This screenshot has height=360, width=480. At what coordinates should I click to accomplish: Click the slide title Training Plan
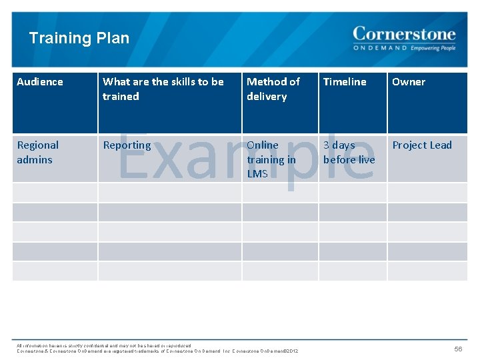79,38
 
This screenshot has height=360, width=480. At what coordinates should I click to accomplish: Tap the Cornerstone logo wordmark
404,34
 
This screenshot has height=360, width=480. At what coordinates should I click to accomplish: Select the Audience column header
40,82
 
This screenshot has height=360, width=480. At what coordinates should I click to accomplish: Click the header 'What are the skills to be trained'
163,89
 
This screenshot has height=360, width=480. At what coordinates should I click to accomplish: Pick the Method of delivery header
273,89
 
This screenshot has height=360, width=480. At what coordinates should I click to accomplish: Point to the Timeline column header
345,82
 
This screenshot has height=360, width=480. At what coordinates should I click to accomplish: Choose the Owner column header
409,82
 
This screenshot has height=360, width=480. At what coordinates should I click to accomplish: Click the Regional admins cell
38,152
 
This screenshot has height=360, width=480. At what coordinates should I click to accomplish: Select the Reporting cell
127,145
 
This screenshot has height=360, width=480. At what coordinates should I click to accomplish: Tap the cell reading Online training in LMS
271,159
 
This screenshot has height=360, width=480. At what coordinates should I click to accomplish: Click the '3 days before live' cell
349,152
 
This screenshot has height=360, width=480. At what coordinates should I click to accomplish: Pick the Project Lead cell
422,145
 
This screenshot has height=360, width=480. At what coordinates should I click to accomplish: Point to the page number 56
458,349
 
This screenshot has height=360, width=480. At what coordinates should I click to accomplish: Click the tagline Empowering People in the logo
433,48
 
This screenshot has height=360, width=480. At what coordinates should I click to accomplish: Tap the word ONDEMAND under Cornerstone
380,48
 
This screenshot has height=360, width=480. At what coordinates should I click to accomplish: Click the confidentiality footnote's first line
104,345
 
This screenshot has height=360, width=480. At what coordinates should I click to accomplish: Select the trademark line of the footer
157,351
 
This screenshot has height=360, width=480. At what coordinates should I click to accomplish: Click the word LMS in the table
257,173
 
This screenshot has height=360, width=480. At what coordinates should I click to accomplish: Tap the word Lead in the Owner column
440,145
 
